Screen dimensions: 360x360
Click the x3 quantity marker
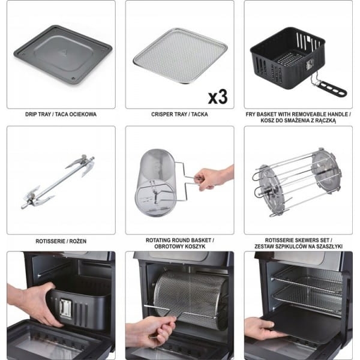[x=218, y=97]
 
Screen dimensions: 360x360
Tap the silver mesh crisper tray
[x=181, y=55]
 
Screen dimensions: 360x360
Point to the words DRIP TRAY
[x=38, y=115]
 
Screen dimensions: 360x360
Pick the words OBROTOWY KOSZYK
[x=180, y=247]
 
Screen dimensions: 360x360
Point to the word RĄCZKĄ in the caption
[x=325, y=121]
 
